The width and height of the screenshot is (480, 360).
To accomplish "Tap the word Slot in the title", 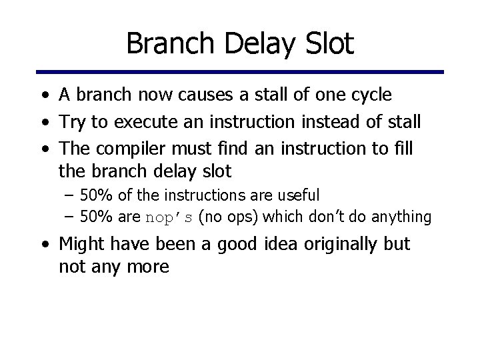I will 327,45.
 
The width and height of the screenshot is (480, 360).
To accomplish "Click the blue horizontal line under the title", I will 240,72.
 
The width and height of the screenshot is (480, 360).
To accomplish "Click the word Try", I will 72,122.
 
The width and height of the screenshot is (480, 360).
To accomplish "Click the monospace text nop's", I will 169,217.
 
